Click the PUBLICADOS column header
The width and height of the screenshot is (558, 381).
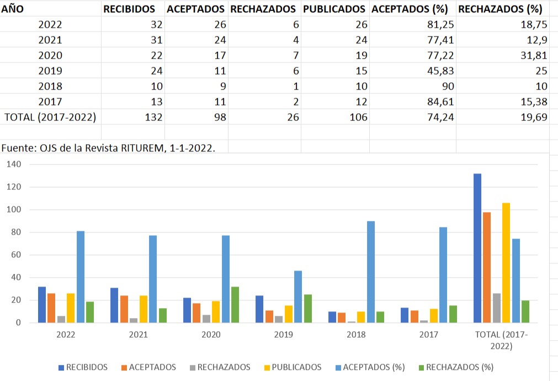(x=334, y=9)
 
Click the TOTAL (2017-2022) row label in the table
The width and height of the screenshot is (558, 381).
(x=50, y=117)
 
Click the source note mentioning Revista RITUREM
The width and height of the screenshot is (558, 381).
(x=108, y=147)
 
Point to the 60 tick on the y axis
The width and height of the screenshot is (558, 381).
(x=15, y=255)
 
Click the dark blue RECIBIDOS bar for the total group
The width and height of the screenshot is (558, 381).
(x=477, y=248)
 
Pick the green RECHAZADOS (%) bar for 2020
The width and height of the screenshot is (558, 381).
(x=235, y=304)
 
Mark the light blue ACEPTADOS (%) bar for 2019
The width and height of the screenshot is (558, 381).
(x=298, y=297)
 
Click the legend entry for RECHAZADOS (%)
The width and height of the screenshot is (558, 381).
(x=455, y=367)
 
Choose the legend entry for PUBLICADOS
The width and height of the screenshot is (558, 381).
(x=293, y=367)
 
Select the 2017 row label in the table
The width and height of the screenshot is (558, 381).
(x=50, y=102)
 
